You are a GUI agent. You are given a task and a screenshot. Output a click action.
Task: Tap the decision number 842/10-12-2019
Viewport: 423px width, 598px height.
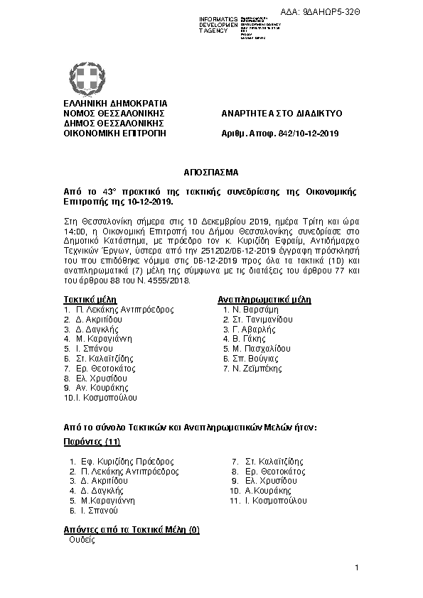point(313,133)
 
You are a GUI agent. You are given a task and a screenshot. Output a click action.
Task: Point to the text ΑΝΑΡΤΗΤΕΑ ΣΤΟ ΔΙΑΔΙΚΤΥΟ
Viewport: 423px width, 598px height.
point(282,113)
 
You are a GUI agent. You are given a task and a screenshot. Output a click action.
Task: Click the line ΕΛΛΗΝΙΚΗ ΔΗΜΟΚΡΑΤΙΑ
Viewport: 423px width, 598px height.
point(115,104)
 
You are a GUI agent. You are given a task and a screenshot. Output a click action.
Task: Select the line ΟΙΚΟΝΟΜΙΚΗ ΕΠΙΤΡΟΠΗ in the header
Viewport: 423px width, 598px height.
point(114,133)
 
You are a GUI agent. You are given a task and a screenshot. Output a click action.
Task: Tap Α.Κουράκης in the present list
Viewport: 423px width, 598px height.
point(268,491)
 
